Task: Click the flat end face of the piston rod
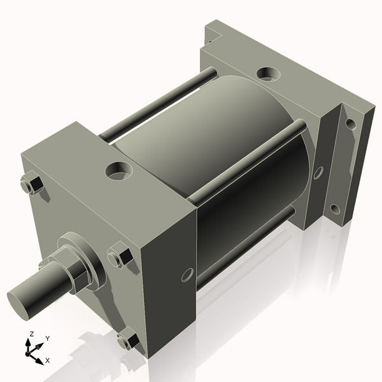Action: click(20, 301)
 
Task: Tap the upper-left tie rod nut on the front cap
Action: click(31, 185)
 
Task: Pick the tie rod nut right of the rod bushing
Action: click(119, 257)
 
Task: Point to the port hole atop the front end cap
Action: click(119, 170)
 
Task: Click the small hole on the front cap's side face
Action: click(187, 275)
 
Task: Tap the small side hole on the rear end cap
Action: click(318, 171)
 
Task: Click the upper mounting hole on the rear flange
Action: click(350, 124)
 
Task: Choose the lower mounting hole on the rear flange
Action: click(336, 209)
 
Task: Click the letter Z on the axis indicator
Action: click(31, 334)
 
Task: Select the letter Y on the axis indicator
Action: click(48, 339)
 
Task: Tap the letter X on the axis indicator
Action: click(48, 360)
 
